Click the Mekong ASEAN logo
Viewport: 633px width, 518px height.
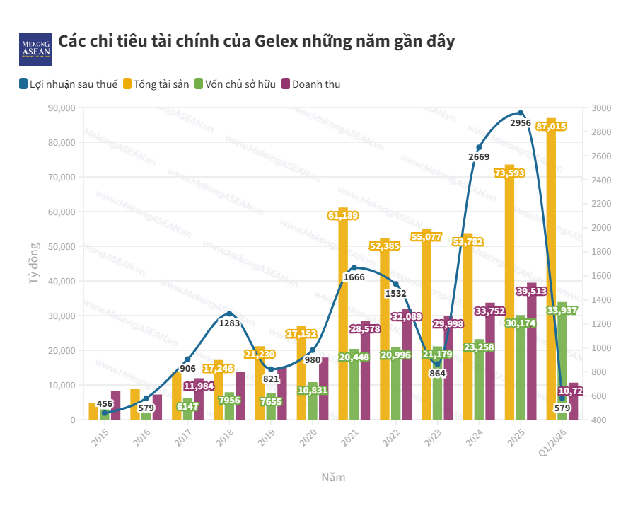coord(35,48)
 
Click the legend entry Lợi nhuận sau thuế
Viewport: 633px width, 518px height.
coord(68,84)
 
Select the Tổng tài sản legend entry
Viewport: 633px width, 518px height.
coord(156,84)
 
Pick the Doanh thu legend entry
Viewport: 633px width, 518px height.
coord(311,84)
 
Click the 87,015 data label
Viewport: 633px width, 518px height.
coord(551,127)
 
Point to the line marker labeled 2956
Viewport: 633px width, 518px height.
coord(521,113)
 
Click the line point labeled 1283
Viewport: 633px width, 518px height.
coord(229,313)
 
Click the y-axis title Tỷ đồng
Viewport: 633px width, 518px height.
coord(33,263)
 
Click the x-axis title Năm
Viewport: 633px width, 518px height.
coord(333,477)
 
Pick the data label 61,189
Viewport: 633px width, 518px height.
coord(343,215)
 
